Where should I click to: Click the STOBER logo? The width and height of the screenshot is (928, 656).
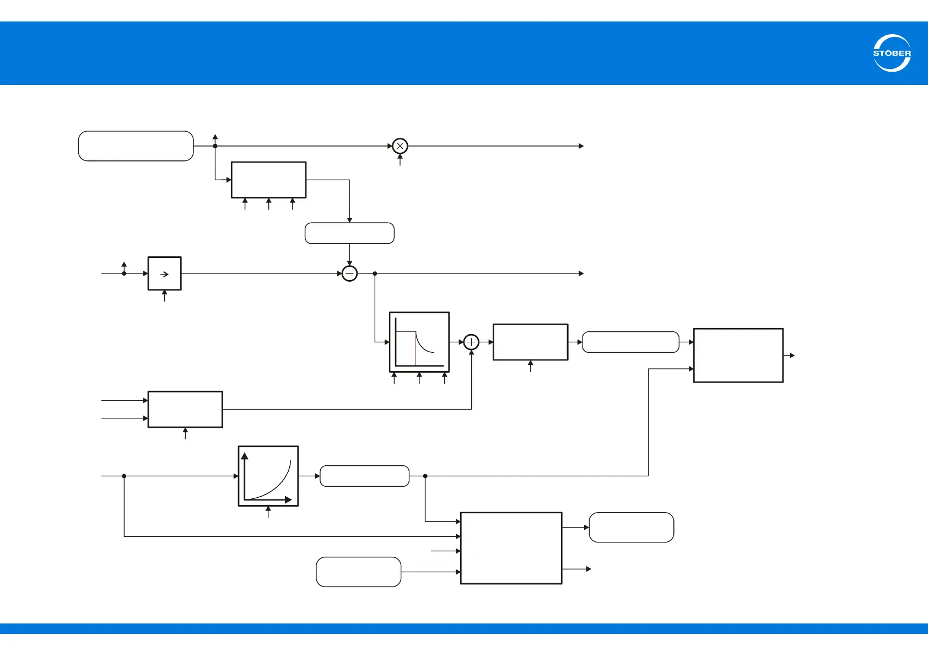coord(892,53)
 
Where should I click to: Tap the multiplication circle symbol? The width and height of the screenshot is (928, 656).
coord(400,146)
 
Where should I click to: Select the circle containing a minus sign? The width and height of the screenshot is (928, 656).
coord(349,273)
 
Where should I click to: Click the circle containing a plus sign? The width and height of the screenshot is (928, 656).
coord(471,342)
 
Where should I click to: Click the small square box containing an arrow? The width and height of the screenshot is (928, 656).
coord(164,273)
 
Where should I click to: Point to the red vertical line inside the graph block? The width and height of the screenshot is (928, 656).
coord(416,348)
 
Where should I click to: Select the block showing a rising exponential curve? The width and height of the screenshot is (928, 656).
coord(268,476)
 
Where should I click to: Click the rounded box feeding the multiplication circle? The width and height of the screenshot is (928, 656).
coord(136,146)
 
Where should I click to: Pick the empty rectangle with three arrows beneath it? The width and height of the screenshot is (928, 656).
coord(268,180)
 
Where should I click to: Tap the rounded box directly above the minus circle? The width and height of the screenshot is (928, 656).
coord(349,233)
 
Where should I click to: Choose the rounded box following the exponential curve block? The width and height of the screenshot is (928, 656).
coord(364,476)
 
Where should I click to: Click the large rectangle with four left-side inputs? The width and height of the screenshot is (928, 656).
coord(511,548)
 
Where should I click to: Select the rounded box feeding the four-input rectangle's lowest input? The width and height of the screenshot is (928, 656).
coord(358,572)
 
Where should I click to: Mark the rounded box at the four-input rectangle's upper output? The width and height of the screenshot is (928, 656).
coord(631,528)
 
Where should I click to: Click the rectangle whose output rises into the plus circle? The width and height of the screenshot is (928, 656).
coord(185,409)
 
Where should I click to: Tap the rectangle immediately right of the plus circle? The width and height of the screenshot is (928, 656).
coord(530,342)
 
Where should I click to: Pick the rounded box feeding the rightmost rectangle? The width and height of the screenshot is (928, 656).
coord(630,342)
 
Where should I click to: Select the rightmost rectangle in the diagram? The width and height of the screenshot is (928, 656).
coord(738,356)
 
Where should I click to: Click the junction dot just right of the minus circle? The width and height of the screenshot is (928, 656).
coord(375,273)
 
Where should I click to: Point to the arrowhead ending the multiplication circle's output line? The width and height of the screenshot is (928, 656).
coord(581,146)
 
